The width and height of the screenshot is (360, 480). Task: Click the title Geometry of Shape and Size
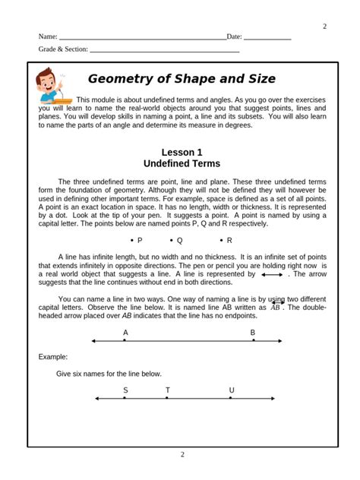182,79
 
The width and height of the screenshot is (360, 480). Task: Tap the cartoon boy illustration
52,87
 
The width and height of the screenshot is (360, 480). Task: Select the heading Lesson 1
182,152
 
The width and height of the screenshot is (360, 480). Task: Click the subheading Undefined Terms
182,163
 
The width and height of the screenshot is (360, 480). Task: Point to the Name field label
48,36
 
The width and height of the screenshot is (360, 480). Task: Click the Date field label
234,36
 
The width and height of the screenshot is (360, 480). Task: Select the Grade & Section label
63,49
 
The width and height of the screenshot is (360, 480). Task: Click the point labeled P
137,240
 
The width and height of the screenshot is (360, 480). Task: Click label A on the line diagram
125,333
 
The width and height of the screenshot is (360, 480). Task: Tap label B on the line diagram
253,333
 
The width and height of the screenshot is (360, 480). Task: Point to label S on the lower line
125,390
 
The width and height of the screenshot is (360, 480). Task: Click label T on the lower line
168,390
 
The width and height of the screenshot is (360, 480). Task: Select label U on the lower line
232,390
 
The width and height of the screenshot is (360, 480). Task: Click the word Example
53,356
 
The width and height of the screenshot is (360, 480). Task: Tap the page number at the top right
324,27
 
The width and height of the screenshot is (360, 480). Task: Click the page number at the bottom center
182,455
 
